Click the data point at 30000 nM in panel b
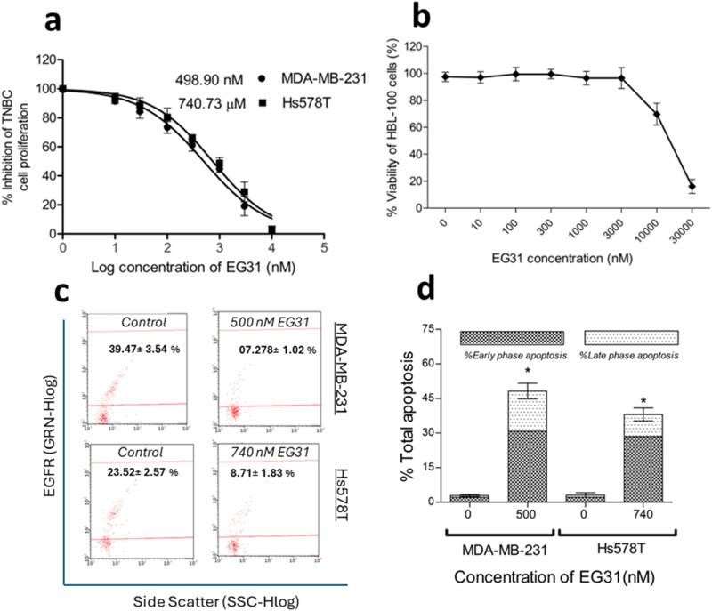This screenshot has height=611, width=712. pyautogui.click(x=692, y=186)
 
